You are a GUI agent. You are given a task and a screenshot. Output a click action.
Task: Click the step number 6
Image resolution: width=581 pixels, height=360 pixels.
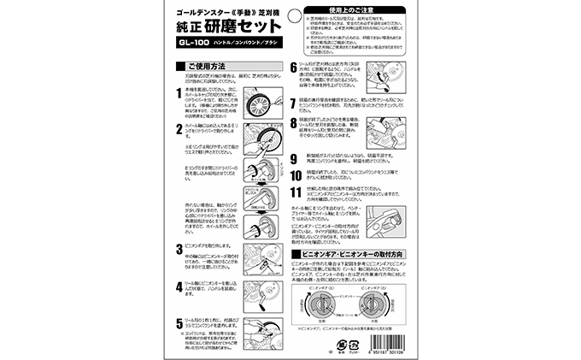pos(296,68)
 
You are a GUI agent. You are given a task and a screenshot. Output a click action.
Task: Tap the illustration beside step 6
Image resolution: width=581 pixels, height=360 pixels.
pos(380,76)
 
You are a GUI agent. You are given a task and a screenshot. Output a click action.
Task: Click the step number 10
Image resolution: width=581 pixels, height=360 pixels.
pos(296,172)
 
